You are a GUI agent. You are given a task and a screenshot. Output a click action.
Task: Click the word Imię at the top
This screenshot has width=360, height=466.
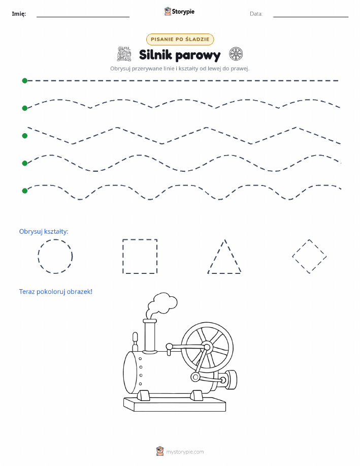tap(19, 14)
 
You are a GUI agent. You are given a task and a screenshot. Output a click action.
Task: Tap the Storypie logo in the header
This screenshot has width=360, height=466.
tap(179, 12)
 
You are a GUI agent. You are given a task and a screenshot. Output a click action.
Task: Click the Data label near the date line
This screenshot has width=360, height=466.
tap(256, 14)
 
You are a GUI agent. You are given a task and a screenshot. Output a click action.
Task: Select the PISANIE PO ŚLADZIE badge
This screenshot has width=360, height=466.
tap(180, 39)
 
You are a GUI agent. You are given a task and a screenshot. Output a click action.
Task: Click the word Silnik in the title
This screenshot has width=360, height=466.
tap(155, 55)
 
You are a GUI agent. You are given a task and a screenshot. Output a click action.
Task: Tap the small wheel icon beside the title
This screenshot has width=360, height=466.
tap(236, 54)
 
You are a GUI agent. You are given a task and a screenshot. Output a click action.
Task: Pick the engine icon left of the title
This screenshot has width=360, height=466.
tap(124, 54)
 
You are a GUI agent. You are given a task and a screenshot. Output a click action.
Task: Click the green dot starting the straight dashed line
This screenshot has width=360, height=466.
tap(25, 80)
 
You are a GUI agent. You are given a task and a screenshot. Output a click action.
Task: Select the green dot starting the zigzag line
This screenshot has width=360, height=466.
tap(25, 136)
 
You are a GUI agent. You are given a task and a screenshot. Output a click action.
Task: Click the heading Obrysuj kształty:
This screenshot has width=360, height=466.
tap(44, 232)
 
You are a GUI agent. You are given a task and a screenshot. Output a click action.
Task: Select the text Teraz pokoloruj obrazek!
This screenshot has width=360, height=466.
tap(55, 292)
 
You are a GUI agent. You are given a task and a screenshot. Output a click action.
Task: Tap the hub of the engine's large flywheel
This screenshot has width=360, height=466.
tap(207, 347)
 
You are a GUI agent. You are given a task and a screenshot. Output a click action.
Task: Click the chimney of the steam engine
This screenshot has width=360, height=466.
tap(150, 335)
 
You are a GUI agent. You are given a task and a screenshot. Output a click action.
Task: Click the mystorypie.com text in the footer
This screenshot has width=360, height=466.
tap(185, 452)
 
